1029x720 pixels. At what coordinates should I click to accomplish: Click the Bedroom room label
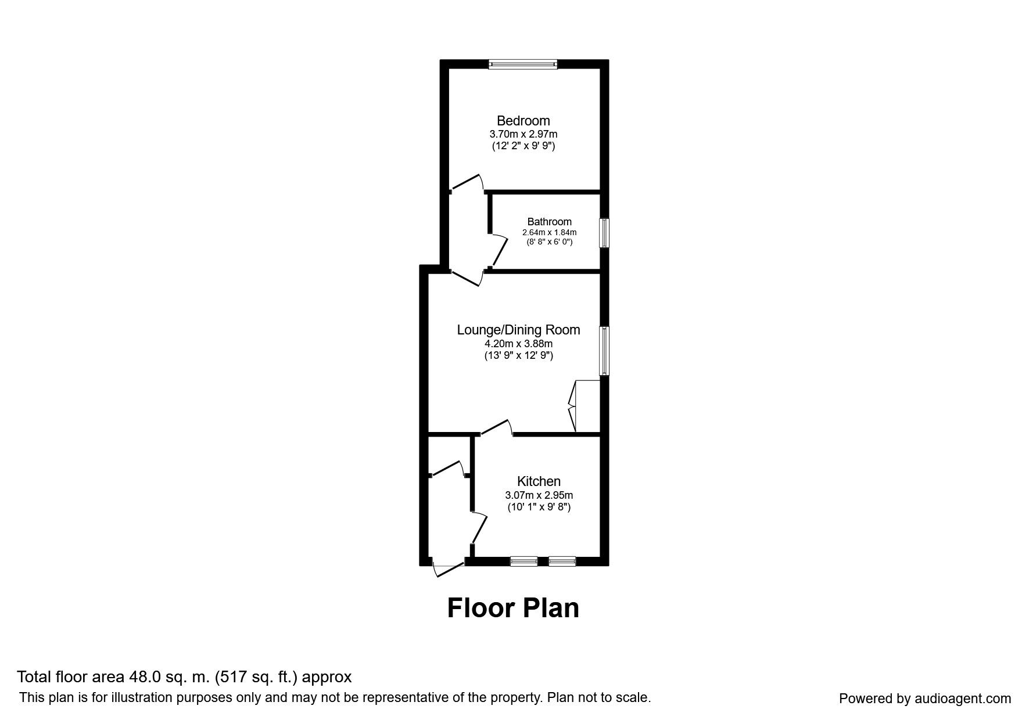coord(523,121)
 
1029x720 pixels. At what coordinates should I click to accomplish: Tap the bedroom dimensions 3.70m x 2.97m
coord(523,134)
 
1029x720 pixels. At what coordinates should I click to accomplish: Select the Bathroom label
coord(549,222)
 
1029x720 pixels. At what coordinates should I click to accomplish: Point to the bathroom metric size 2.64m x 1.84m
coord(549,232)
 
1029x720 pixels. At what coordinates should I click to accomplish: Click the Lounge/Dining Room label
coord(518,330)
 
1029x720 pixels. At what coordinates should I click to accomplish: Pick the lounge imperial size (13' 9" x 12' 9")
coord(518,356)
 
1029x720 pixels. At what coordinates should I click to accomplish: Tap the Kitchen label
coord(539,481)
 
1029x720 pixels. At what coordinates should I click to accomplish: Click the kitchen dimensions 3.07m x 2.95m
coord(539,495)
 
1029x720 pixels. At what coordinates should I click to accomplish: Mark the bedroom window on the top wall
coord(523,64)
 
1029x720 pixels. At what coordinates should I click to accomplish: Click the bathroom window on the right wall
coord(604,232)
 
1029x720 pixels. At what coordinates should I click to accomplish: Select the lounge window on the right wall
coord(604,351)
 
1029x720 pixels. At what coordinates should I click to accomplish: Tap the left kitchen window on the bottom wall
coord(524,561)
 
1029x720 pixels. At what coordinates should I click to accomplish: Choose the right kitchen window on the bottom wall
coord(562,561)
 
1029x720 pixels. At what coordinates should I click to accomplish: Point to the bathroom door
coord(499,250)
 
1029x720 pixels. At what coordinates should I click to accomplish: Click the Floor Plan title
coord(513,608)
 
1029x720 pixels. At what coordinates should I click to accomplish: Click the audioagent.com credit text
coord(925,699)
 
